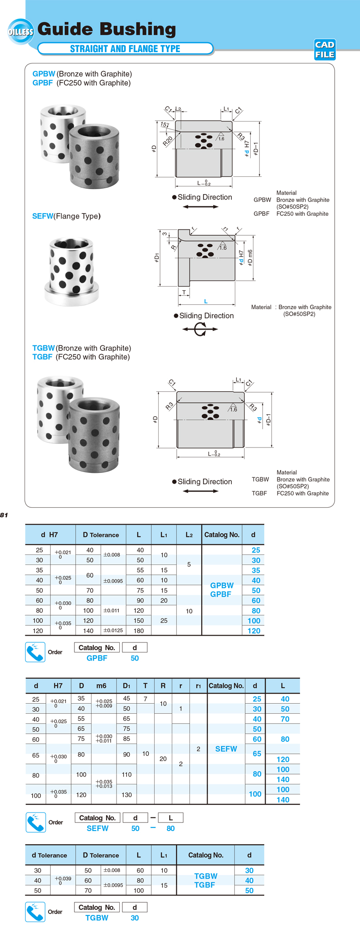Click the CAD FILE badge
tap(325, 49)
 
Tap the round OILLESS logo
tap(20, 32)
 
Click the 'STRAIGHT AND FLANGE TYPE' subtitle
tap(125, 49)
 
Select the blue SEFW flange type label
tap(43, 216)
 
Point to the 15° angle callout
tap(164, 124)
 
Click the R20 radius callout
tap(168, 141)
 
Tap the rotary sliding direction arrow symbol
tap(200, 329)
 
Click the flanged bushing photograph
tap(72, 272)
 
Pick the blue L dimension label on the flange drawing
tap(206, 302)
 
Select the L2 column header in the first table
tap(189, 535)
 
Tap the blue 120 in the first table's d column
tap(254, 631)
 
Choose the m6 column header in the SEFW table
tap(101, 686)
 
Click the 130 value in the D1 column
tap(126, 795)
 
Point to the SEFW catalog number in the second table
tap(226, 749)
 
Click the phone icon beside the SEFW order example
tap(36, 822)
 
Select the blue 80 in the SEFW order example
tap(170, 828)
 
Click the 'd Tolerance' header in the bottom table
tap(49, 855)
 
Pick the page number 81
tap(4, 515)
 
